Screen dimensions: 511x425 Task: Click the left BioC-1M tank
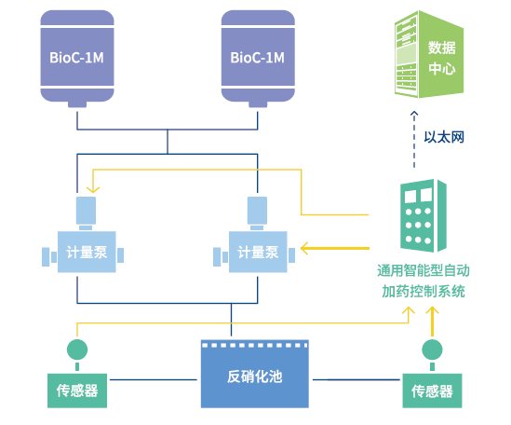pyautogui.click(x=77, y=58)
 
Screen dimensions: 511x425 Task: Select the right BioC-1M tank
pyautogui.click(x=258, y=58)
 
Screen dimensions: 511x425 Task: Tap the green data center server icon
pyautogui.click(x=429, y=54)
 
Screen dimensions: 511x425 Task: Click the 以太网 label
pyautogui.click(x=444, y=137)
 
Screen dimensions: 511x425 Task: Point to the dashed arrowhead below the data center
pyautogui.click(x=414, y=114)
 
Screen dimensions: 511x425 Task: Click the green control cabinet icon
pyautogui.click(x=424, y=215)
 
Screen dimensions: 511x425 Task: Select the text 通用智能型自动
pyautogui.click(x=424, y=271)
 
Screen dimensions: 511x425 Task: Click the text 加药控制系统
pyautogui.click(x=424, y=291)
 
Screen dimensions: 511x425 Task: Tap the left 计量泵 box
pyautogui.click(x=87, y=252)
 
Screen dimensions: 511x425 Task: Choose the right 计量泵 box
pyautogui.click(x=258, y=252)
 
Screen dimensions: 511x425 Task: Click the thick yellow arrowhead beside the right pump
pyautogui.click(x=304, y=249)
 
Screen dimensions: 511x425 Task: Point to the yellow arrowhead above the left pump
pyautogui.click(x=93, y=189)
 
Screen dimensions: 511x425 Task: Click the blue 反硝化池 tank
pyautogui.click(x=255, y=374)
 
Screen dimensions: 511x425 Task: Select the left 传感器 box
pyautogui.click(x=77, y=391)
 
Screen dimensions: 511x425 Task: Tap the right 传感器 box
pyautogui.click(x=432, y=391)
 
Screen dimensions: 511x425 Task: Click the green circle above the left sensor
pyautogui.click(x=77, y=350)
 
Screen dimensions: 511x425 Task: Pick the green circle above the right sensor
pyautogui.click(x=432, y=350)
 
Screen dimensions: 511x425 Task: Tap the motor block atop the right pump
pyautogui.click(x=257, y=211)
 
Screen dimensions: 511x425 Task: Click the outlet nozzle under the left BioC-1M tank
pyautogui.click(x=77, y=104)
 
